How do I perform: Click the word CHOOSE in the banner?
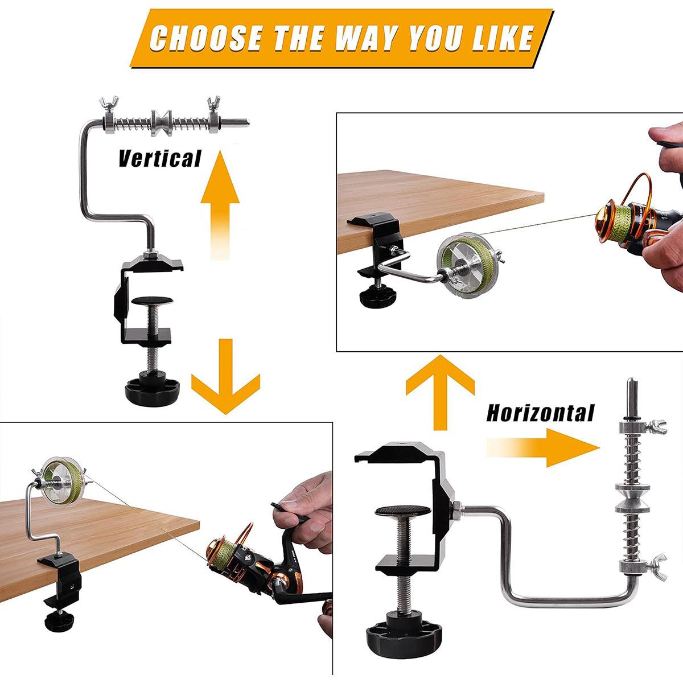pos(207,39)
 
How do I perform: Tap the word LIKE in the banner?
pos(504,39)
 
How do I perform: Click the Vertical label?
pos(160,158)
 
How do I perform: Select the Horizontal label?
pos(541,413)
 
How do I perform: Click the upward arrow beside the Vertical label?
pos(220,205)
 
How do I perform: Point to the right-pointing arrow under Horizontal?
pos(542,448)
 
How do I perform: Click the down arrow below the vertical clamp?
pos(226,376)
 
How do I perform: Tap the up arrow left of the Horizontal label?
pos(440,392)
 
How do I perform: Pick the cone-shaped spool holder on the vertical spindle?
pos(162,122)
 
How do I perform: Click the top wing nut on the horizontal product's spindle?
pos(657,427)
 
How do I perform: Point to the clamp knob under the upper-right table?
pos(377,298)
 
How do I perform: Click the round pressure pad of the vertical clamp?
pos(152,302)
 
